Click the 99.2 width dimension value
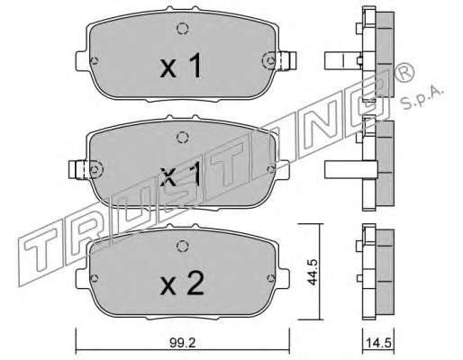182,343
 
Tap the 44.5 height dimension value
313,272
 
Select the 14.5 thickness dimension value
378,343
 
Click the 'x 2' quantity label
182,283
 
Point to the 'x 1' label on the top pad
181,66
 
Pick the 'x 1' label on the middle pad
181,175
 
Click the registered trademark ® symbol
404,73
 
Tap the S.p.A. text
422,97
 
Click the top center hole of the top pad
182,29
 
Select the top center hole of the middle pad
182,138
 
